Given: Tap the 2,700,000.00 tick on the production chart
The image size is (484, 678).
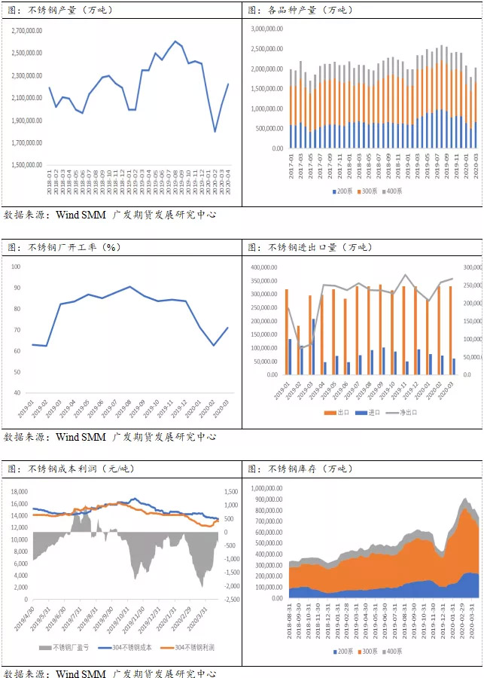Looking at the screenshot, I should click(27, 32).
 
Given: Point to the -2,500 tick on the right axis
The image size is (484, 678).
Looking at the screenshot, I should click(230, 599).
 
